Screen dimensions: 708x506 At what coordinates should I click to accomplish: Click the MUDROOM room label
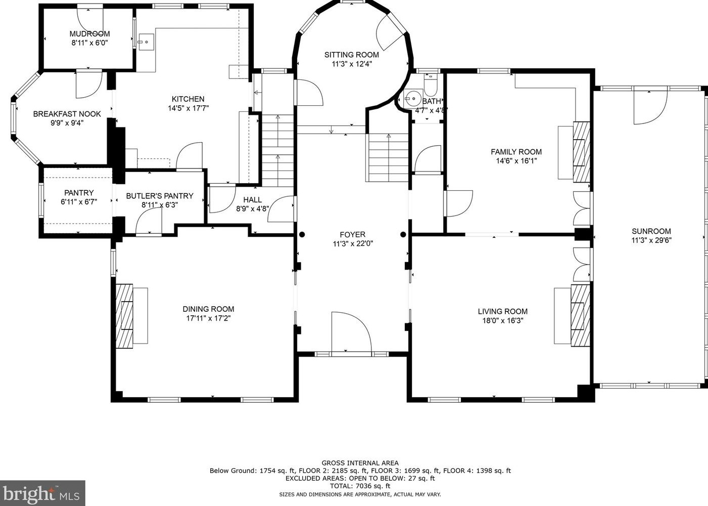(90, 34)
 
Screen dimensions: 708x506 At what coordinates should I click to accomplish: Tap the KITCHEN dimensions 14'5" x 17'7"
(188, 108)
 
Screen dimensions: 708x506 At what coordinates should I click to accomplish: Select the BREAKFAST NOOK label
(67, 114)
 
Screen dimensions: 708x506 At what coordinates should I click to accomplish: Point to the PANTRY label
(79, 193)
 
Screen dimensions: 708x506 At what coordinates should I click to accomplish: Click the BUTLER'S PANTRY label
(160, 196)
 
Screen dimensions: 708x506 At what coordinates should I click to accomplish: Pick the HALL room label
(253, 200)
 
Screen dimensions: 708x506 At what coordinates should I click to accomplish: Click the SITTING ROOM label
(351, 55)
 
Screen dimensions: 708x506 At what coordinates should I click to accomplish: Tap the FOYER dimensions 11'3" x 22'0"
(353, 244)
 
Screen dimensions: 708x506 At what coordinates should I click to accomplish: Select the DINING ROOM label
(208, 309)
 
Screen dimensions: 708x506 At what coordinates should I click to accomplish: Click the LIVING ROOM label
(502, 311)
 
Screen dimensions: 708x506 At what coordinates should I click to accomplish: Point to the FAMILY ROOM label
(516, 152)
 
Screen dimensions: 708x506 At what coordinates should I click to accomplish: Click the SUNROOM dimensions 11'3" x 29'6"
(651, 240)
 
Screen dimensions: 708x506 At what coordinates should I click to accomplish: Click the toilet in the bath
(430, 84)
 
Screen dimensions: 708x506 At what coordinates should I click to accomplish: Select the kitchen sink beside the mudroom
(146, 41)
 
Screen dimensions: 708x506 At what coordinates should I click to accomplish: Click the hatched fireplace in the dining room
(124, 316)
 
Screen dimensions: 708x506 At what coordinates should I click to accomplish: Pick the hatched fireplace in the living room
(580, 316)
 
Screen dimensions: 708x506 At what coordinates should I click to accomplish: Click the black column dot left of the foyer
(302, 234)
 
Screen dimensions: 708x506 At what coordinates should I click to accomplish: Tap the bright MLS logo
(42, 493)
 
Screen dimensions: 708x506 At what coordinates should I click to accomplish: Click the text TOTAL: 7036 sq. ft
(360, 486)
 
